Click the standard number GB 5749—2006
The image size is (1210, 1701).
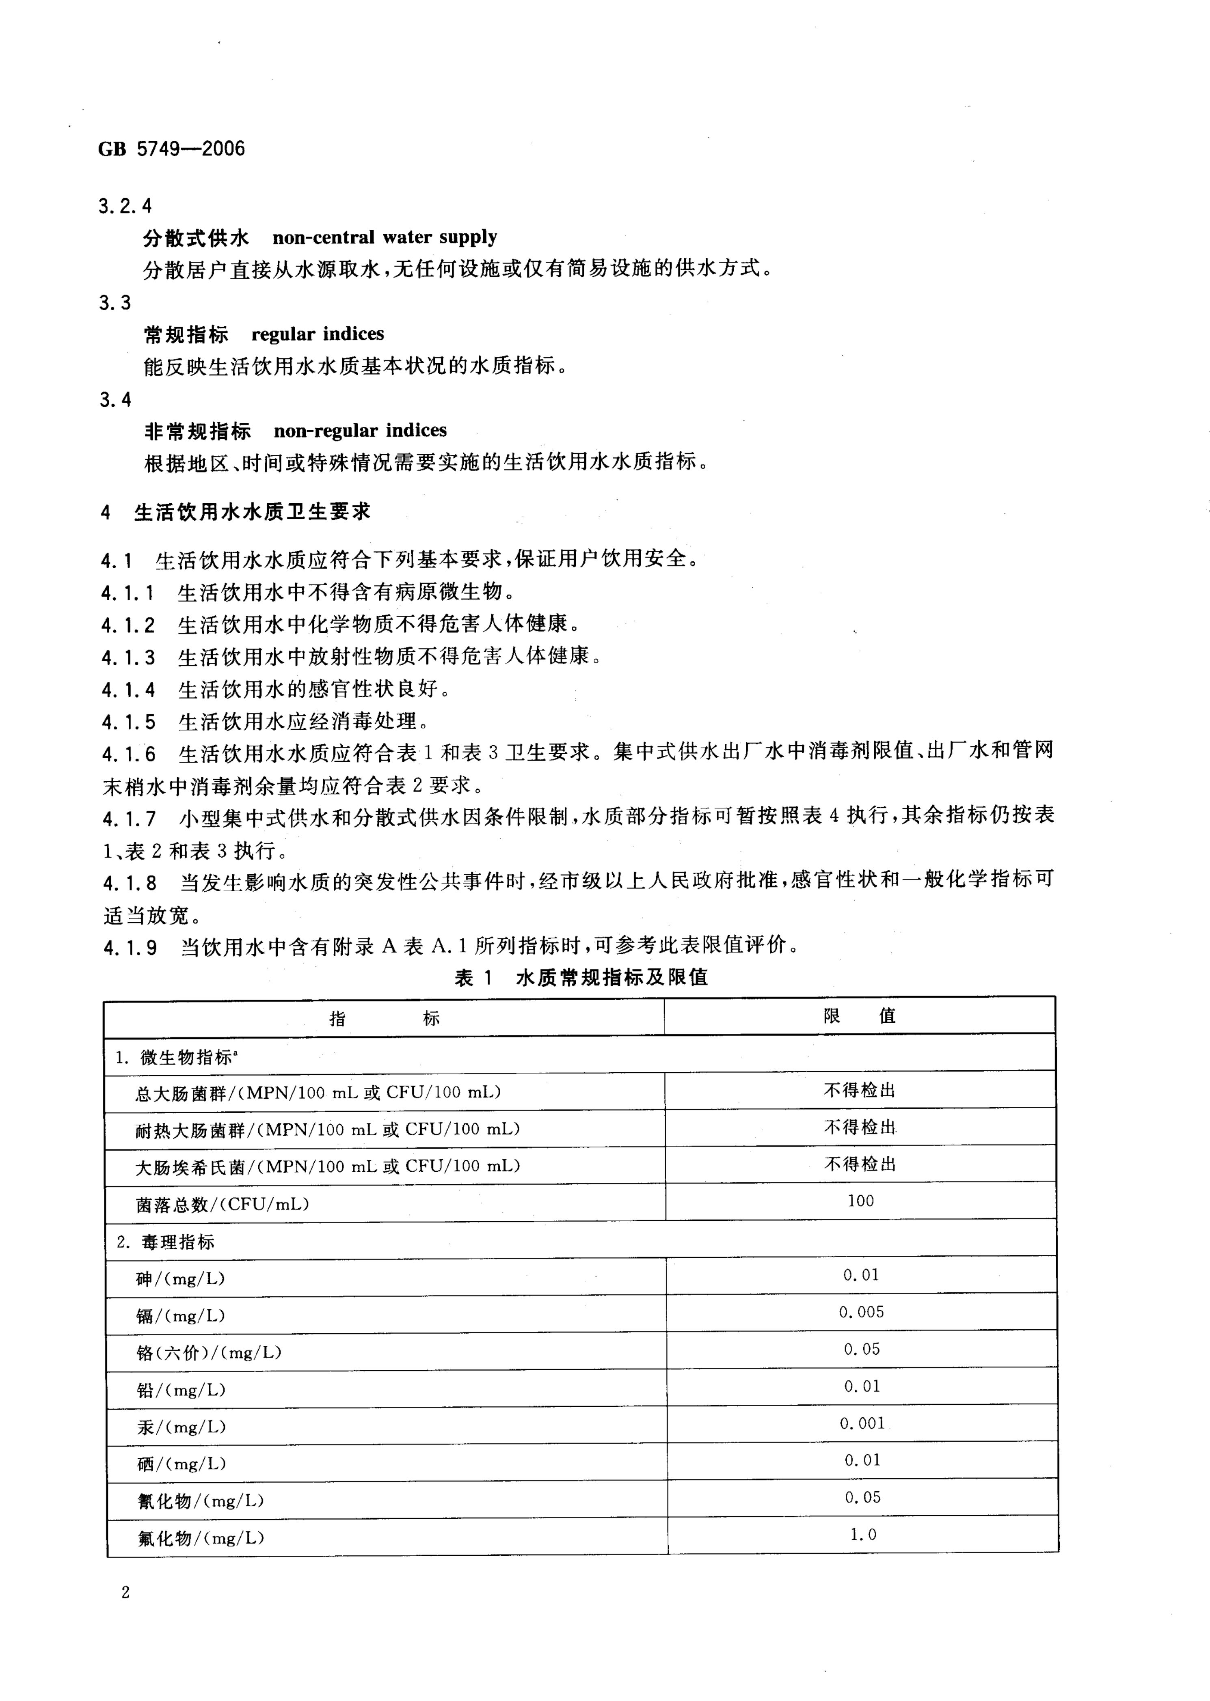click(x=171, y=149)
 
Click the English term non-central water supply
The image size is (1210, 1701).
click(x=385, y=237)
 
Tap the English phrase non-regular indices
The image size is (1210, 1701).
click(x=360, y=431)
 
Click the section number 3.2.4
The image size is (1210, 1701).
click(x=125, y=206)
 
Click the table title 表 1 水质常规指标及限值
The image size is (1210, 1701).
click(x=581, y=978)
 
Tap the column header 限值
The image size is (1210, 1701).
click(x=860, y=1016)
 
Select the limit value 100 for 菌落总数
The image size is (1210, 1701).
click(x=860, y=1201)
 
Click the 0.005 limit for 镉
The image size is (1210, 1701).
click(x=861, y=1311)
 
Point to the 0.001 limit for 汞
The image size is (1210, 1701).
click(x=862, y=1423)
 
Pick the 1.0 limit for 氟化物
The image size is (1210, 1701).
click(x=863, y=1534)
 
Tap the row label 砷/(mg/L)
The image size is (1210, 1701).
click(x=180, y=1278)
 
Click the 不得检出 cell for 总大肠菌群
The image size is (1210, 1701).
click(x=860, y=1090)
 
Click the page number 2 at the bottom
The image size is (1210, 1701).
click(x=125, y=1593)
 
